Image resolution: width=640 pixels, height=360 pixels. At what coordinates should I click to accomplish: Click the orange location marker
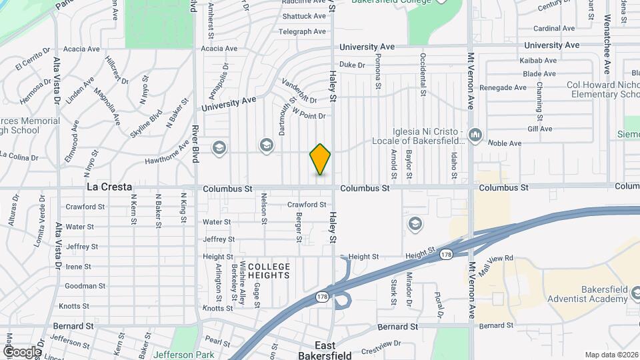320,159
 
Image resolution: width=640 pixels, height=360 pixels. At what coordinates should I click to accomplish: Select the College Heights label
269,271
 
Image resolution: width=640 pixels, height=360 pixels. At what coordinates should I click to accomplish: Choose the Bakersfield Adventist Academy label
587,295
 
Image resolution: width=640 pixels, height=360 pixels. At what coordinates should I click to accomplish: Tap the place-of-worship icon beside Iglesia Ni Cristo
475,135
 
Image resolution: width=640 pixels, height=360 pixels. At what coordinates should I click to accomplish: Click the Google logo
22,351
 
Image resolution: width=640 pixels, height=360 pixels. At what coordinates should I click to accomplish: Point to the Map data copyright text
611,355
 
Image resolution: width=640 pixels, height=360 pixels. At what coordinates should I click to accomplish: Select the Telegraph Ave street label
302,31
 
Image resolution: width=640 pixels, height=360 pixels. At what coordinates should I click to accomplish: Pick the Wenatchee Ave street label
607,45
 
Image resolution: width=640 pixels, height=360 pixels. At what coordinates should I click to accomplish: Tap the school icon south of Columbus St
415,223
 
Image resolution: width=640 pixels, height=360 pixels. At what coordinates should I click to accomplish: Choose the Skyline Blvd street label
147,123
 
